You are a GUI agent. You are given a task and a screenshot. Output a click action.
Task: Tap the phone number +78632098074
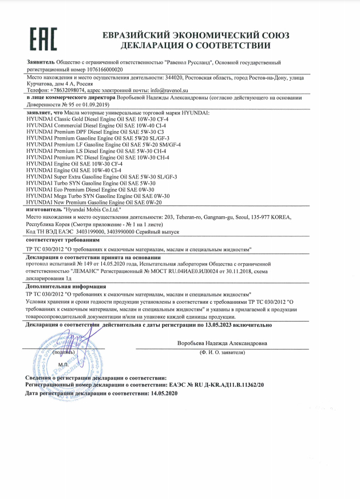pos(65,90)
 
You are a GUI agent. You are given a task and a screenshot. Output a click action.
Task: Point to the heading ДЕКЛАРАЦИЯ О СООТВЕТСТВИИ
pos(186,46)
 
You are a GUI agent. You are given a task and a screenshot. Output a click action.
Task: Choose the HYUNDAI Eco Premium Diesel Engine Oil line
pos(90,189)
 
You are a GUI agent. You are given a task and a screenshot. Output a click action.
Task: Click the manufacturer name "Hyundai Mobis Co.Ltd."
pos(94,210)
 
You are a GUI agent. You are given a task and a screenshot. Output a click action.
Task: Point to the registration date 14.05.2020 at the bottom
pos(164,394)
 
